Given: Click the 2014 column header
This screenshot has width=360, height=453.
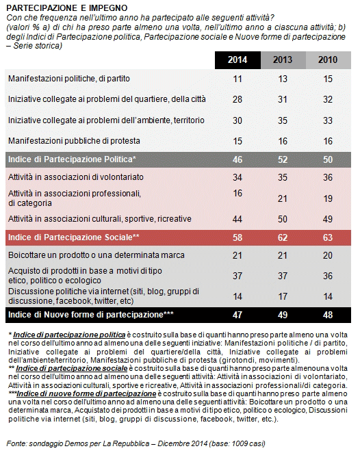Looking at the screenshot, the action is (x=237, y=60).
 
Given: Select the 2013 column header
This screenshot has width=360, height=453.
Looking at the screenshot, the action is (x=283, y=60).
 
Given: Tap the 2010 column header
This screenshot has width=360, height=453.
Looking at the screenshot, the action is (x=328, y=60).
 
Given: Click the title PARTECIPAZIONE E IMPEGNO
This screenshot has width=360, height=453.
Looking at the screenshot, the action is (x=67, y=8).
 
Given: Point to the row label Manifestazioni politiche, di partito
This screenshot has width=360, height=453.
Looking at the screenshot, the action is (x=69, y=79).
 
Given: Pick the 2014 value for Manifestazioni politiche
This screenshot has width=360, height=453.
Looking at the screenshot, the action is (x=237, y=79).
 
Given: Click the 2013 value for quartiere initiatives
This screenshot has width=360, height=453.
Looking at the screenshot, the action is (x=283, y=99).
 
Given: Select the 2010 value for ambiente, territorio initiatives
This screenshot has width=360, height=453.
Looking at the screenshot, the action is (x=328, y=120).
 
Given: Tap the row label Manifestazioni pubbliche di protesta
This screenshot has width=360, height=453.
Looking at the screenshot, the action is (x=74, y=141).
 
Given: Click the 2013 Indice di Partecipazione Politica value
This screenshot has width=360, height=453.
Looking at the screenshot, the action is (x=283, y=159).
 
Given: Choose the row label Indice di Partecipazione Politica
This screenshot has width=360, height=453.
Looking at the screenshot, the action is (x=72, y=159).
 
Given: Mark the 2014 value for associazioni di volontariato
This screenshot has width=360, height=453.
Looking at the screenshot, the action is (x=237, y=177).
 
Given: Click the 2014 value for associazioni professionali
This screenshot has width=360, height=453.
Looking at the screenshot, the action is (x=237, y=193).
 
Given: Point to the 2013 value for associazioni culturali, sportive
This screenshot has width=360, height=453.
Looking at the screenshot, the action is (x=283, y=219).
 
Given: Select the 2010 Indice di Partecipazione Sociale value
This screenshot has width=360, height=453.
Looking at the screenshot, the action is (x=328, y=237).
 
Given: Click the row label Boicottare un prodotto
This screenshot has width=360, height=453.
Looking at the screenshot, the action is (x=97, y=255).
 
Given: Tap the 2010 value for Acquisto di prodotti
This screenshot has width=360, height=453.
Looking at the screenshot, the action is (x=328, y=276).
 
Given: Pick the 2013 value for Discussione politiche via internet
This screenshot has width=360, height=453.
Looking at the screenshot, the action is (x=283, y=296).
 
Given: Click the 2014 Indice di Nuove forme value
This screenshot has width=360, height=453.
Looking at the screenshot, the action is (x=237, y=315).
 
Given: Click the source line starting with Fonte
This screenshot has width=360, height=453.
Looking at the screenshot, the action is (x=136, y=443).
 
